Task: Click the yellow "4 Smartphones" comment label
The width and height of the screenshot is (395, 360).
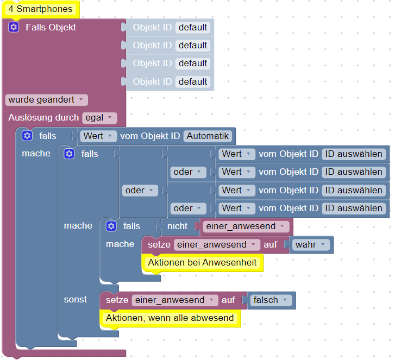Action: click(x=41, y=9)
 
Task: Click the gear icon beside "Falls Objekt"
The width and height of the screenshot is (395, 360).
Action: click(x=14, y=27)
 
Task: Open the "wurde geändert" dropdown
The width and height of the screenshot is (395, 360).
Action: click(x=46, y=100)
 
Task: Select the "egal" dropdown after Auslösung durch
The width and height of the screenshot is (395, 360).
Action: click(x=99, y=118)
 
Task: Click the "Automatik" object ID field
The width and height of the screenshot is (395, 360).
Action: click(x=208, y=136)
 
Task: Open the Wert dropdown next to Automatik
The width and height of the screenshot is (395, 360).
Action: click(x=98, y=136)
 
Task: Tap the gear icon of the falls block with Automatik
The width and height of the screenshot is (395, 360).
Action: click(x=27, y=136)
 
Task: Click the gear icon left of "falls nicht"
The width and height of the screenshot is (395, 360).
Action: click(x=111, y=226)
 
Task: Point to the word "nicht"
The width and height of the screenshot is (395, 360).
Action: click(x=177, y=226)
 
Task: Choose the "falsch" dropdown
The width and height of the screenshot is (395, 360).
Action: click(x=270, y=300)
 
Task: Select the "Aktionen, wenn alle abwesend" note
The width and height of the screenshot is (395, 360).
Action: click(x=170, y=318)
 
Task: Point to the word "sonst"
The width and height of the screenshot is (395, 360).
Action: click(x=76, y=300)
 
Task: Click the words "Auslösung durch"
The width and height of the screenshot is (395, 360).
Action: click(x=43, y=118)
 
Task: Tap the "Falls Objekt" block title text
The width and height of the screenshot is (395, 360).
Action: click(x=51, y=27)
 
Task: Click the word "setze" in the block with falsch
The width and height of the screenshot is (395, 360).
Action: click(x=117, y=300)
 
